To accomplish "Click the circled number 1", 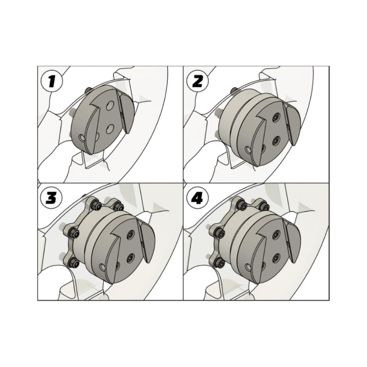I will (52, 81).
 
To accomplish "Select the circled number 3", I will (52, 199).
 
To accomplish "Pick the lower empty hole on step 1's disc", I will (109, 129).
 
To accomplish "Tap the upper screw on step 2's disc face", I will (276, 117).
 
